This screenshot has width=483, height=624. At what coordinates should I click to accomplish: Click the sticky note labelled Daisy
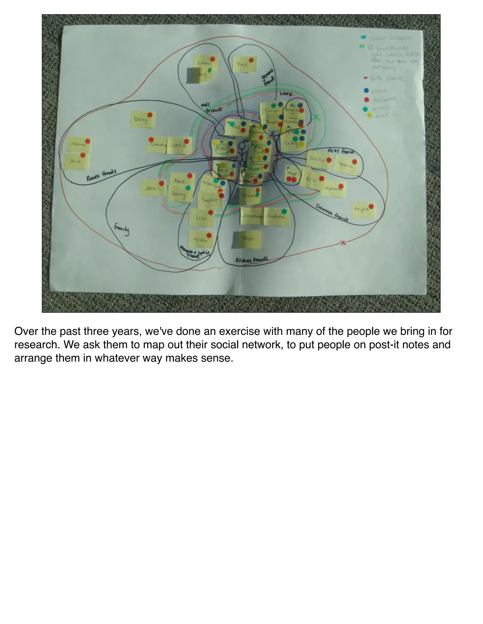pos(142,119)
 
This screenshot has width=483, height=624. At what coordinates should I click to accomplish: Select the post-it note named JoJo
pos(76,162)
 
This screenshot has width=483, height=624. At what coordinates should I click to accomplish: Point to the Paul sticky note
pos(244,64)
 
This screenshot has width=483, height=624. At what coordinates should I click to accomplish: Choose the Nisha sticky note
pos(201,239)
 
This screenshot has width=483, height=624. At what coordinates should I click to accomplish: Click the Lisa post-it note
pos(202,218)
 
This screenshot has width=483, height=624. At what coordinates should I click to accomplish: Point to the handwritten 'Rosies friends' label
pos(101,175)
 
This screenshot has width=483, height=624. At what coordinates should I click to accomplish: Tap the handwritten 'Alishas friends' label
pos(251,259)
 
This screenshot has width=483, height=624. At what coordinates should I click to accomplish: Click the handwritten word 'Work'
pos(286,93)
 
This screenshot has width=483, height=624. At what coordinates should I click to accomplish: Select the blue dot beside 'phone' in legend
pos(366,91)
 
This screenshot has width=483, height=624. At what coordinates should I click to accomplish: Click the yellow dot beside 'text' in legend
pos(369,115)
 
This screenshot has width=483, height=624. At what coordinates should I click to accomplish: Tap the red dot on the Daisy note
pos(150,115)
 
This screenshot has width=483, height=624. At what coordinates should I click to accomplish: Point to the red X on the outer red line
pos(343,243)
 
